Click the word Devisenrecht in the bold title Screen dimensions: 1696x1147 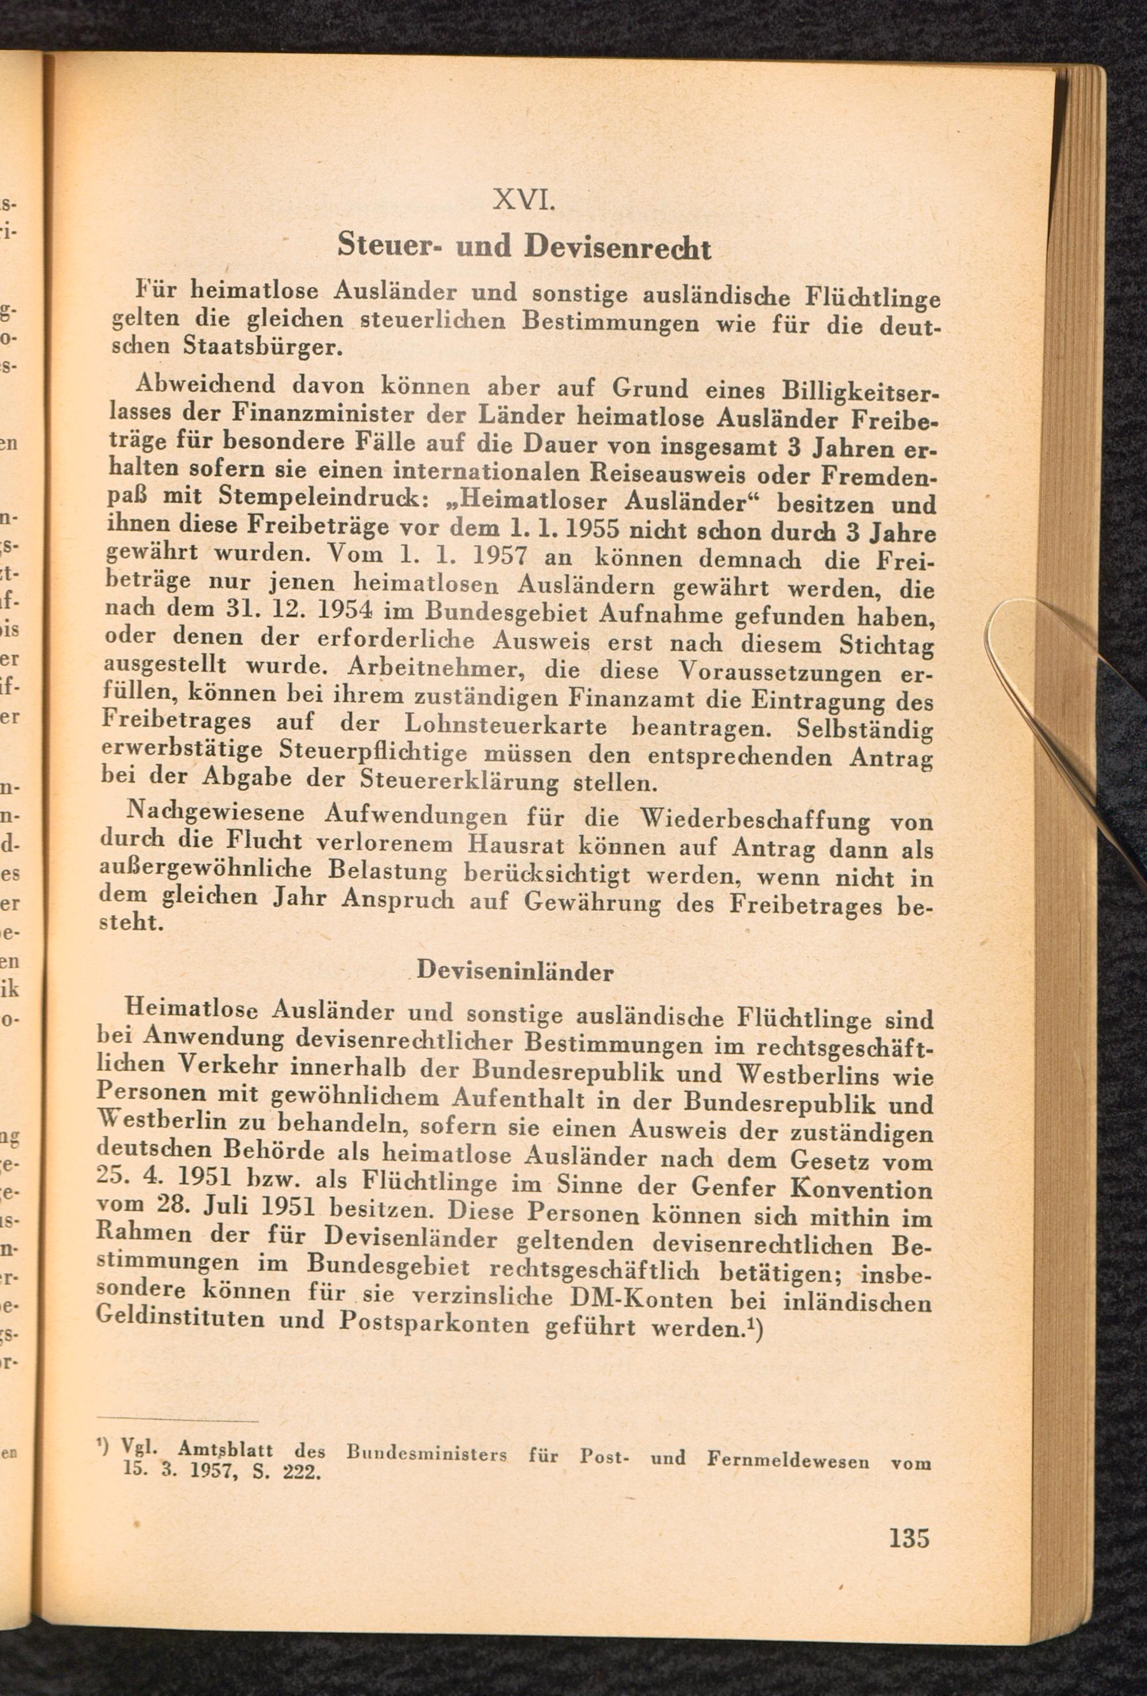[617, 248]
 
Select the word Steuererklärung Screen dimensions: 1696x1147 [459, 782]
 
